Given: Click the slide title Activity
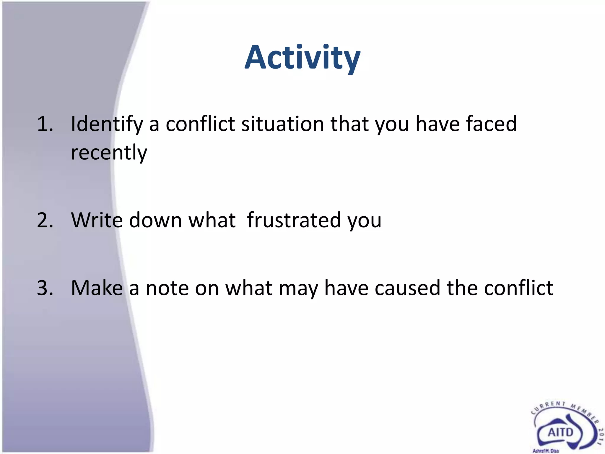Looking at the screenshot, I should (x=302, y=58).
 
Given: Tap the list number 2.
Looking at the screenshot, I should (x=45, y=220).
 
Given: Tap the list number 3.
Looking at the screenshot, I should (x=45, y=288).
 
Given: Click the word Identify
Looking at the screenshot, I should (x=107, y=124).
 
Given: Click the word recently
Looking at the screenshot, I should (x=109, y=153).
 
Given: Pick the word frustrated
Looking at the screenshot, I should (x=294, y=220).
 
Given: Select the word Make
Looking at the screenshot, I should (x=97, y=288).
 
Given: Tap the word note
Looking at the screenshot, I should (x=167, y=288).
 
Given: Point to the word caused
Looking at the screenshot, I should (x=407, y=288).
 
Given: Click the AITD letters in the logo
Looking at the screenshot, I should (x=560, y=432).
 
